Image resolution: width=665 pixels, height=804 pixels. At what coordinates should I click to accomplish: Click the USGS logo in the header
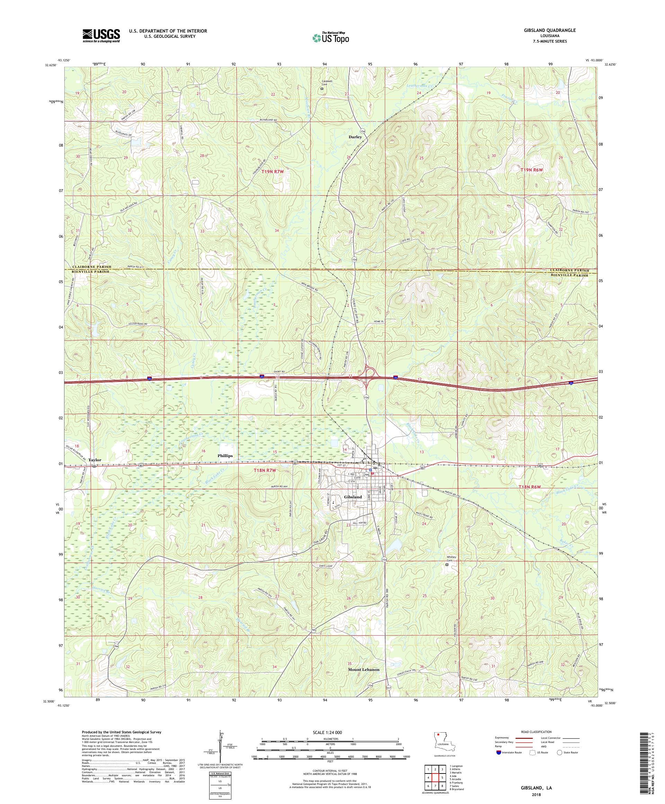pos(101,36)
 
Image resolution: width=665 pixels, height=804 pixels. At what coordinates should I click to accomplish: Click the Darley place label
pos(355,137)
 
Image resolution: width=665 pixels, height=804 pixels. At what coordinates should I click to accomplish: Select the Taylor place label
pos(95,460)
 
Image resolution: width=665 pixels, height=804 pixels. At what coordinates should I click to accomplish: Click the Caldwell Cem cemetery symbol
pos(322,88)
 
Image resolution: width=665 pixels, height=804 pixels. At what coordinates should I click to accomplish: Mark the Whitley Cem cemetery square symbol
pos(446,564)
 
